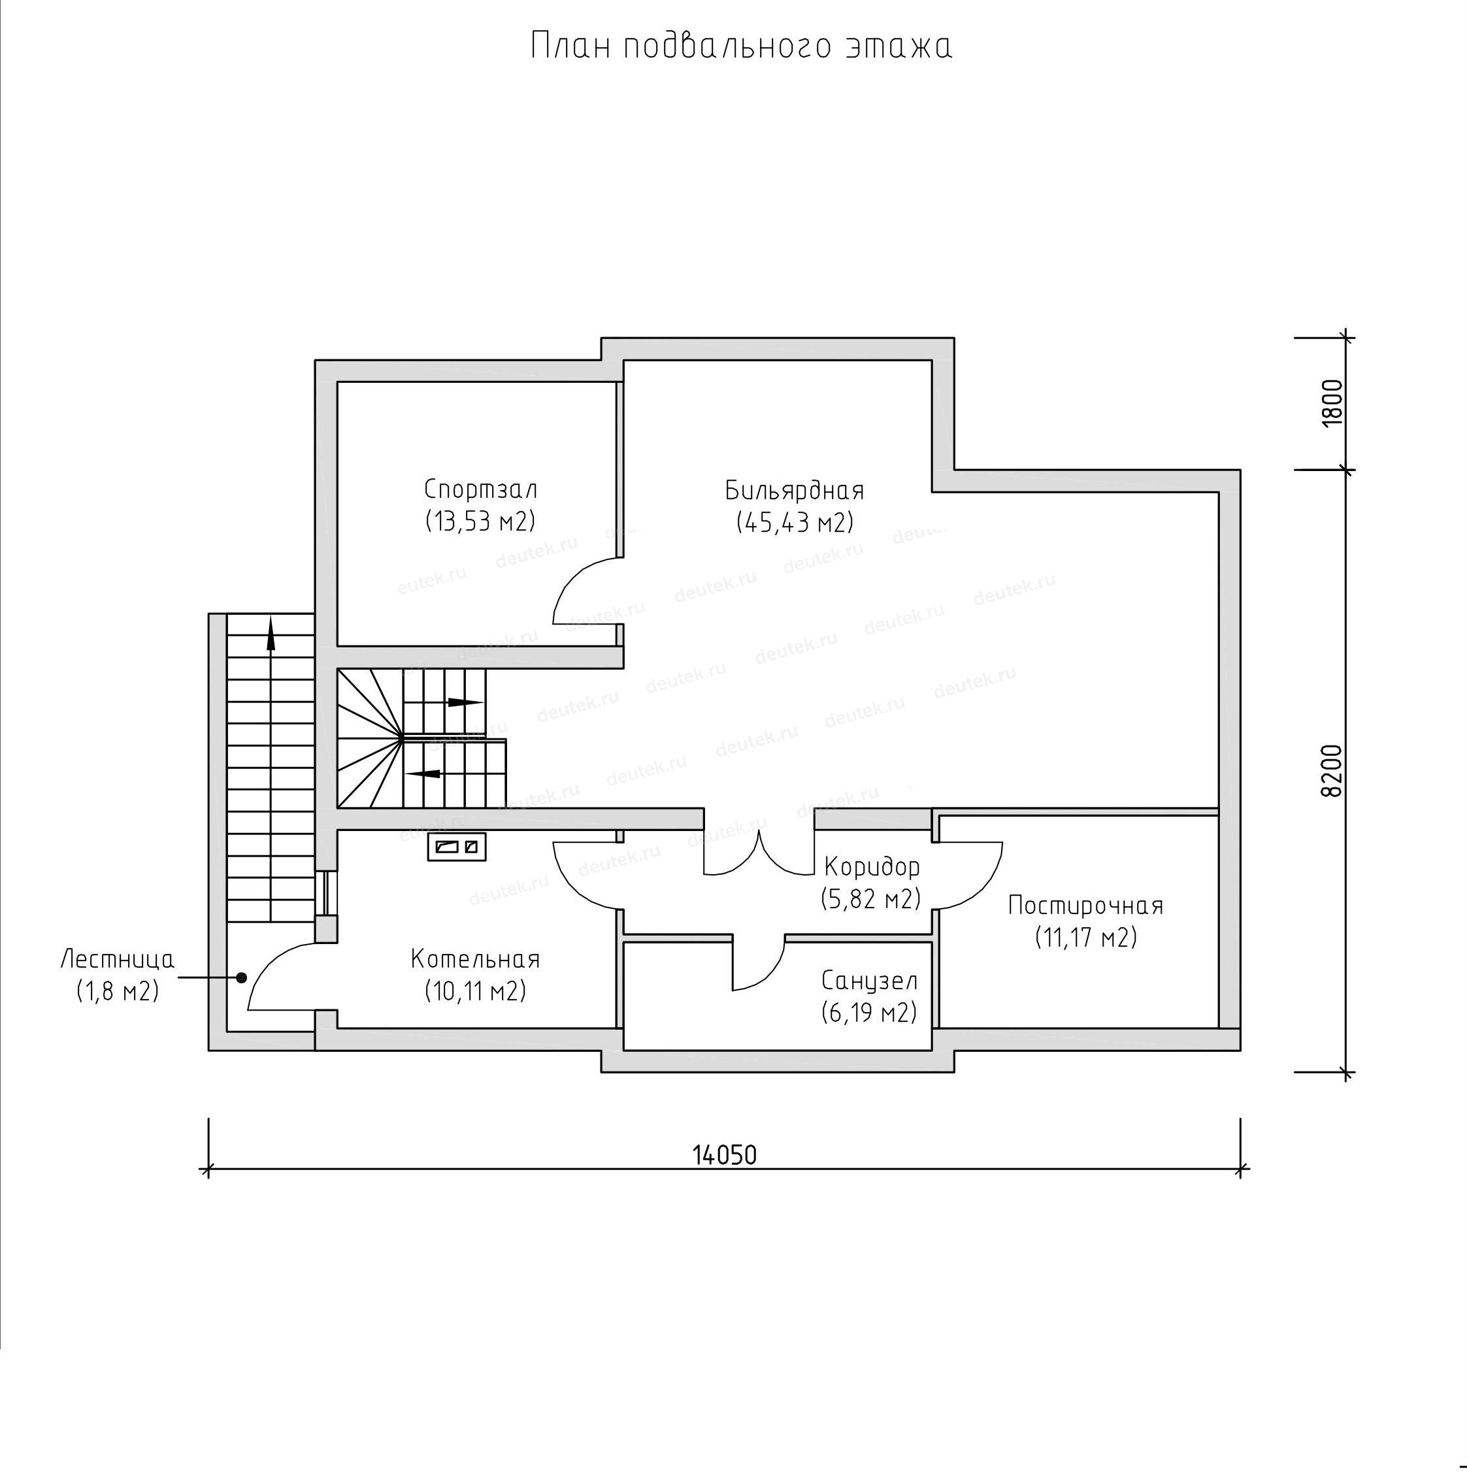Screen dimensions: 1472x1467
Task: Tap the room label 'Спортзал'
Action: click(x=480, y=489)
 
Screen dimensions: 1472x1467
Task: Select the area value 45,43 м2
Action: click(x=795, y=523)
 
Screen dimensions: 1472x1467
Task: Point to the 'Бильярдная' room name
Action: click(x=794, y=490)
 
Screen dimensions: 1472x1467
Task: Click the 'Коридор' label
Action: click(x=872, y=867)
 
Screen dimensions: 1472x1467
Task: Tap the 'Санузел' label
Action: click(x=870, y=980)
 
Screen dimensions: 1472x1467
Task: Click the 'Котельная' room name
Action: click(x=475, y=958)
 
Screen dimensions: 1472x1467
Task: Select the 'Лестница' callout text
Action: click(x=118, y=958)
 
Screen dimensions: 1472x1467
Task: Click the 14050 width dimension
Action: click(x=725, y=1156)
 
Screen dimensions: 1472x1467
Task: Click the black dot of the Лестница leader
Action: click(x=241, y=977)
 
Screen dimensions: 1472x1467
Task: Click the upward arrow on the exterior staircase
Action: click(x=271, y=632)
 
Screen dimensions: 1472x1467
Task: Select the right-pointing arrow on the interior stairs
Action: click(x=463, y=702)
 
